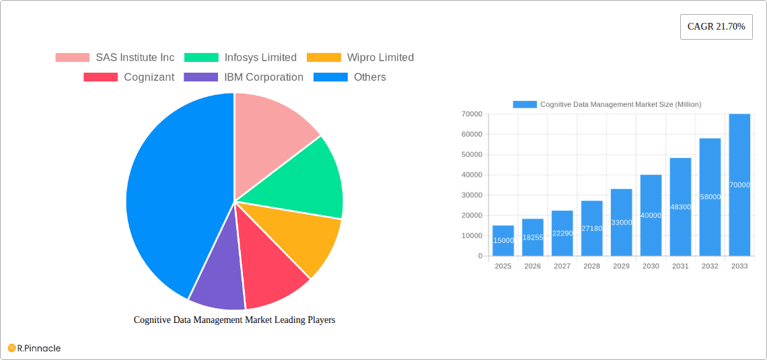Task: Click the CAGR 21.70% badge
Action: coord(716,27)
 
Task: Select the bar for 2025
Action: coord(503,241)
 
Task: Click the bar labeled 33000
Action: coord(621,222)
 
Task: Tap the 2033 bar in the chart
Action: coord(739,185)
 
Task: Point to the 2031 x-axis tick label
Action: coord(680,266)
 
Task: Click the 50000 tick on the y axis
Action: coord(471,155)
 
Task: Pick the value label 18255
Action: coord(532,238)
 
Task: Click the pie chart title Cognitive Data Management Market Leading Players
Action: coord(234,320)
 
